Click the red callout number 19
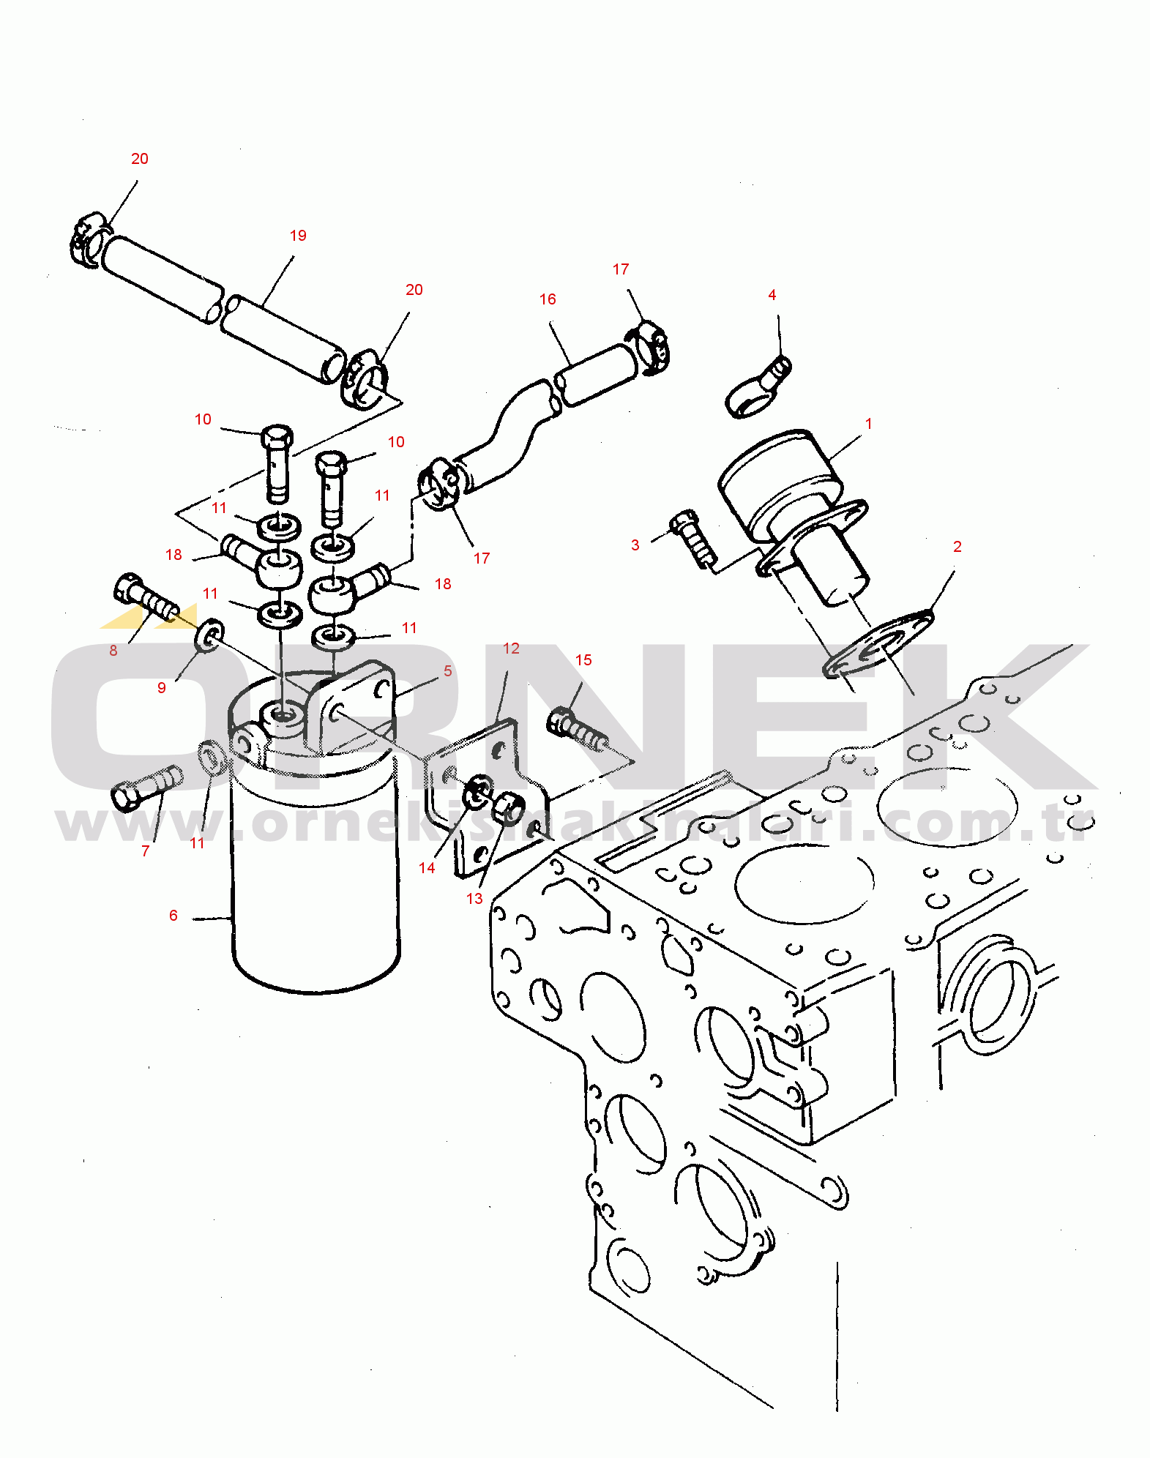click(298, 236)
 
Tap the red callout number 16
click(548, 299)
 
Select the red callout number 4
click(772, 295)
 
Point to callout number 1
click(869, 424)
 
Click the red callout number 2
click(957, 547)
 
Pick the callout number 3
click(635, 545)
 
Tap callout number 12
click(511, 648)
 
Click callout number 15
click(583, 660)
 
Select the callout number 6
click(173, 916)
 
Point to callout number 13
click(474, 899)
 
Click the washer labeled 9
click(209, 636)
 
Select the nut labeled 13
click(508, 807)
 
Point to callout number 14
click(427, 868)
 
